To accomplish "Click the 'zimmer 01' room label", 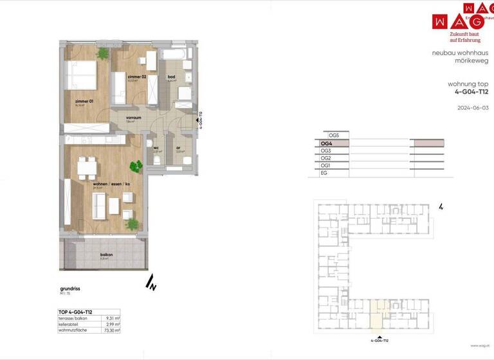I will pos(84,102).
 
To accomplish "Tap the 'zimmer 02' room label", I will pos(136,76).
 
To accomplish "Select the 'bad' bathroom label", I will pos(171,76).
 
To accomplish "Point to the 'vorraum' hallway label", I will pos(133,118).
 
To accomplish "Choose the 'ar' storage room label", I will pos(178,147).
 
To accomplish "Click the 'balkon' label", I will pos(106,255).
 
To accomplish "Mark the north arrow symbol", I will pos(151,282).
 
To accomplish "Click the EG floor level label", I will pos(324,173).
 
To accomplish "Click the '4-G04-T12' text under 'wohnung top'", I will pos(471,92).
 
